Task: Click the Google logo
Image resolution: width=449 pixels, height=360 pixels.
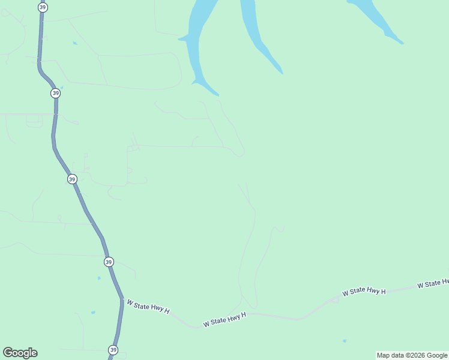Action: (20, 353)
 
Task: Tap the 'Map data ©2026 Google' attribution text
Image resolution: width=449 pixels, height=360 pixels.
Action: (412, 356)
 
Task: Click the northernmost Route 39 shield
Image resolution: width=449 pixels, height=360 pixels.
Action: (42, 7)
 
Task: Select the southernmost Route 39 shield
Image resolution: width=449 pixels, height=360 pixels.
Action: (113, 350)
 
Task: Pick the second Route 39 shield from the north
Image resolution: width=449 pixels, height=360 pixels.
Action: (55, 93)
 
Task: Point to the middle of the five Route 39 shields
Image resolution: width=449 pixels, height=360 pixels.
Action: (72, 179)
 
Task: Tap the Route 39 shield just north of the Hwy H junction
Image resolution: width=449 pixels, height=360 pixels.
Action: (108, 262)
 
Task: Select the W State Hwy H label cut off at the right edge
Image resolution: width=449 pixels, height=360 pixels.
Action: (433, 283)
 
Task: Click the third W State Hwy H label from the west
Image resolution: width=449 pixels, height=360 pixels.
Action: (364, 292)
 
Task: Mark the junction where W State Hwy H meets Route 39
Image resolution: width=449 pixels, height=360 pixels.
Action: (122, 299)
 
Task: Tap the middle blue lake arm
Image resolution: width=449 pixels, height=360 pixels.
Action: (258, 36)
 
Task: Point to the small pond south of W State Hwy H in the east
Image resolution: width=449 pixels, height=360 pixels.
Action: (344, 341)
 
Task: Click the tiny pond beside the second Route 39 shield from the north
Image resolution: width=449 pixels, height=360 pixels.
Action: (62, 88)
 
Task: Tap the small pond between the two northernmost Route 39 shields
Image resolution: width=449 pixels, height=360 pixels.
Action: (74, 43)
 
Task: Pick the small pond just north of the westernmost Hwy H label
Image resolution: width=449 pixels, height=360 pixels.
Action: (99, 278)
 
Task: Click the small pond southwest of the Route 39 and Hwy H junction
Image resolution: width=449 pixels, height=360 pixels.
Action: (92, 313)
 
